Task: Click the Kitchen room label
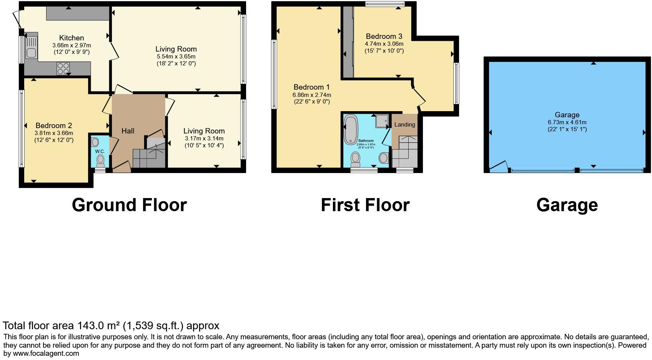(x=72, y=38)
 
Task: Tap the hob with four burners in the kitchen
(x=63, y=68)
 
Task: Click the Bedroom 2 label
(x=53, y=125)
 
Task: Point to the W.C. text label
(x=100, y=151)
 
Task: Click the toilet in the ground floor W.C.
(x=101, y=159)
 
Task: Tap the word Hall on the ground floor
(x=128, y=131)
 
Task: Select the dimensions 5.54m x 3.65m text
(x=176, y=57)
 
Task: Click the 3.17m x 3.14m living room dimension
(x=204, y=138)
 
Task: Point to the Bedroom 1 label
(x=311, y=87)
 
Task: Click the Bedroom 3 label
(x=384, y=36)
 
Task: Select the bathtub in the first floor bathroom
(x=350, y=130)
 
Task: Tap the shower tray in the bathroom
(x=382, y=121)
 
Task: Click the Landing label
(x=404, y=124)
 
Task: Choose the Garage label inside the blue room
(x=567, y=115)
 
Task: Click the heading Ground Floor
(x=129, y=205)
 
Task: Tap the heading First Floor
(x=365, y=205)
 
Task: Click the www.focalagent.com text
(x=46, y=353)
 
